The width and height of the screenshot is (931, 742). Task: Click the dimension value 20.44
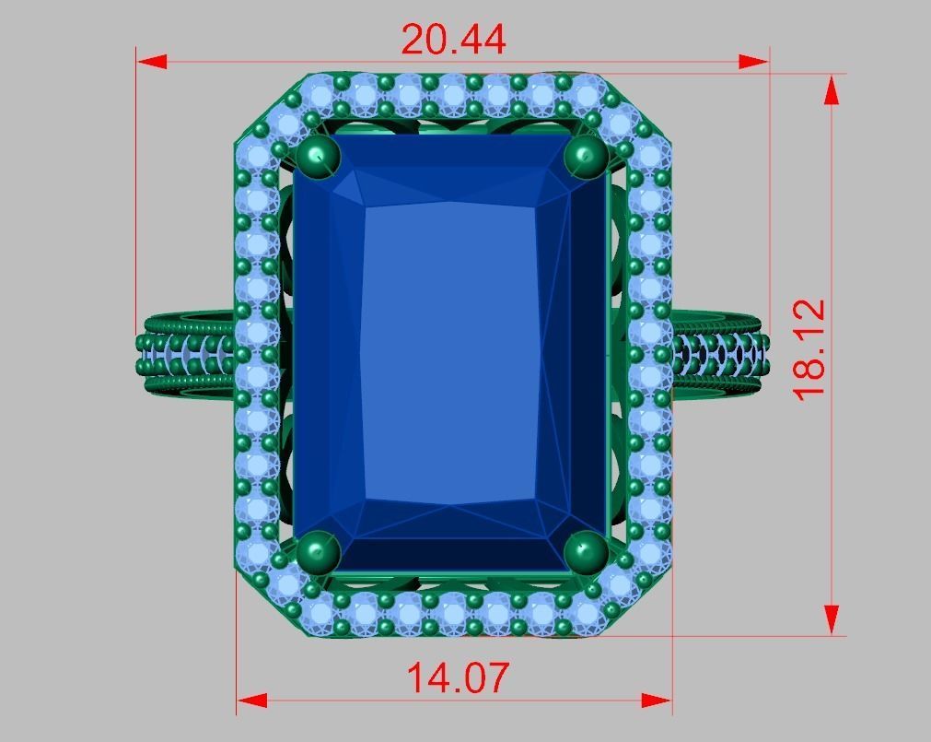453,40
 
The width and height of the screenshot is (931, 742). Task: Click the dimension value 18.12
810,348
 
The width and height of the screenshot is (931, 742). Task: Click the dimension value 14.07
457,678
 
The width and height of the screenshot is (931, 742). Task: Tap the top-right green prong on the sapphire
586,157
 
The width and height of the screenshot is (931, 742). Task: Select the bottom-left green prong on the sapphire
319,552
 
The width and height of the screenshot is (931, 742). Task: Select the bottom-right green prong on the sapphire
586,552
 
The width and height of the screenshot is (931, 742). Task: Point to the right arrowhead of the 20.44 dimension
754,62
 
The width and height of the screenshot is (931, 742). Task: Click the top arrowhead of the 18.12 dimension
832,90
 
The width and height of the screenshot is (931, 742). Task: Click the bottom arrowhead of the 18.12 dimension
832,618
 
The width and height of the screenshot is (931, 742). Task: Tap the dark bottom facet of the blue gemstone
451,554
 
